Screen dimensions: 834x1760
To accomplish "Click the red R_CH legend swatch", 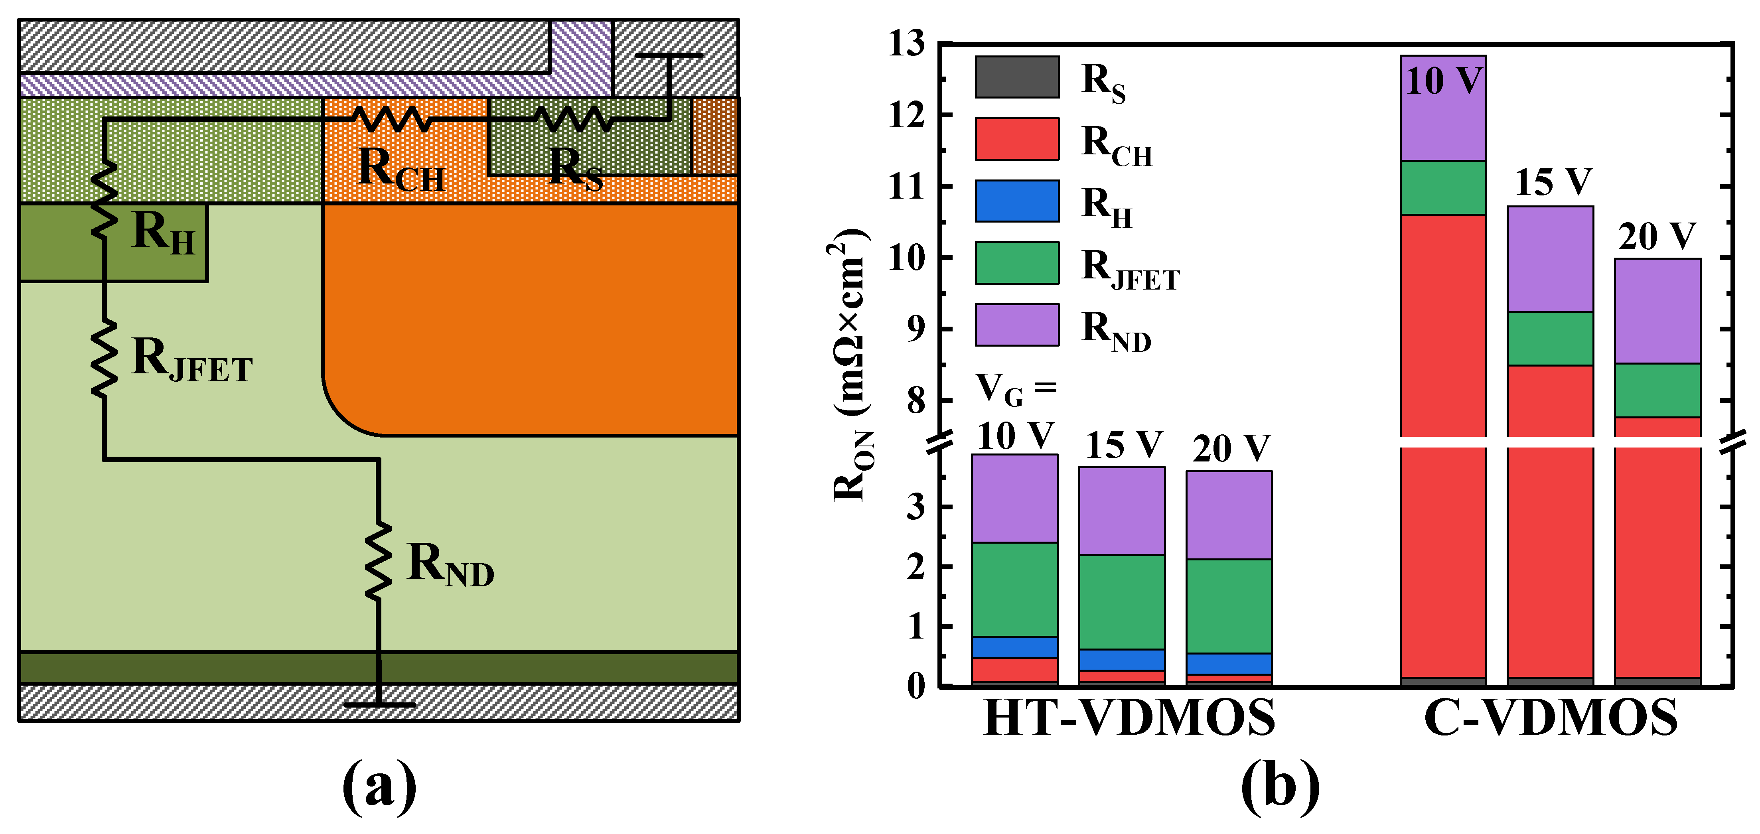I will (x=1017, y=139).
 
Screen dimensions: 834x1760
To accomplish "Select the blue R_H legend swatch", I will (x=1017, y=201).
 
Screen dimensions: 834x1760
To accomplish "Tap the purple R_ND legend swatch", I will (x=1017, y=324).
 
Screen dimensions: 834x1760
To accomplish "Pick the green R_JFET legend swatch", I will (x=1017, y=263).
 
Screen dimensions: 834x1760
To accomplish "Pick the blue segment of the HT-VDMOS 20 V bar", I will (x=1228, y=663).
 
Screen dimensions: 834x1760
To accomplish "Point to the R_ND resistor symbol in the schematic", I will (x=378, y=560).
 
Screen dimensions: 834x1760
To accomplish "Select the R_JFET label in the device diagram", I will (x=192, y=359).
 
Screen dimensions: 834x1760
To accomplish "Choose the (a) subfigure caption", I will (x=379, y=787).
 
